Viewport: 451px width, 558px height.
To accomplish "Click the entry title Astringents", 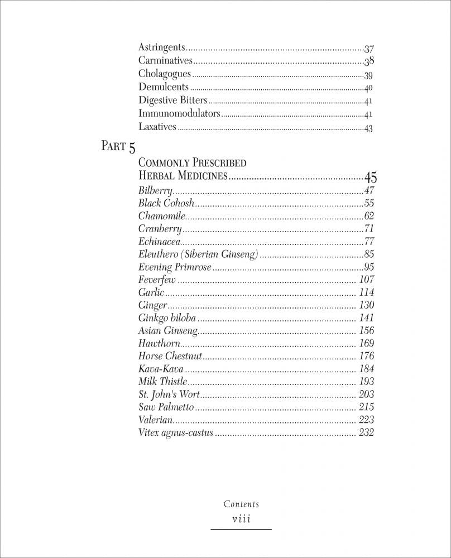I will coord(161,48).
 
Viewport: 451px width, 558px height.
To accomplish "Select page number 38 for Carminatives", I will coord(368,61).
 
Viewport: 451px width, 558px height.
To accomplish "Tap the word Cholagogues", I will coord(165,74).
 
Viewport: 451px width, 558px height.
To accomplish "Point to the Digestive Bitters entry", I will coord(172,100).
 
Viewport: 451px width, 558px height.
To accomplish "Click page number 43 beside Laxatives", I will coord(368,128).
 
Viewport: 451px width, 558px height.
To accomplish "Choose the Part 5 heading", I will coord(118,147).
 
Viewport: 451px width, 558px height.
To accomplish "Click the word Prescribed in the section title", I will coord(219,163).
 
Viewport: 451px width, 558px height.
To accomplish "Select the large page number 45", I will coord(370,178).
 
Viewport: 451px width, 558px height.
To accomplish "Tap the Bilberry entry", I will coord(155,191).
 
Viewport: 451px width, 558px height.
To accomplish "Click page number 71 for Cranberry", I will coord(368,229).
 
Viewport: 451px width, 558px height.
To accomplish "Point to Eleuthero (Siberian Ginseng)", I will coord(198,254).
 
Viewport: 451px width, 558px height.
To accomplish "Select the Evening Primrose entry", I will coord(175,267).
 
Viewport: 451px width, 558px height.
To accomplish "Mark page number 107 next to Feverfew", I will coord(366,280).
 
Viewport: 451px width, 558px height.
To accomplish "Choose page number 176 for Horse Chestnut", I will coord(366,356).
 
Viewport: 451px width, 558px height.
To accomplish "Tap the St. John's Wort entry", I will coord(169,395).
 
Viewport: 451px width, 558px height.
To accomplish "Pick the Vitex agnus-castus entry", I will coord(176,433).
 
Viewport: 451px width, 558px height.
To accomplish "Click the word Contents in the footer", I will coord(241,504).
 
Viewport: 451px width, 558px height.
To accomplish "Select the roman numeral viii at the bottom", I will coord(241,519).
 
